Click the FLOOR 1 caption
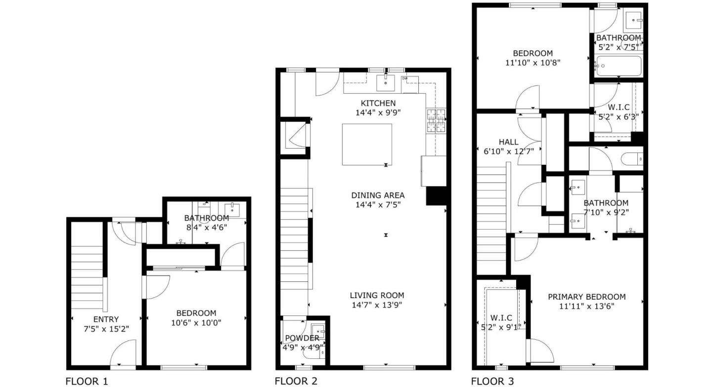[x=87, y=381]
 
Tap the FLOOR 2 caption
[x=296, y=381]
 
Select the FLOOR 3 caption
[x=492, y=381]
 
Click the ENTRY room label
[x=106, y=319]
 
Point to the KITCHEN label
[x=378, y=103]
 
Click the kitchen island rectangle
[x=367, y=144]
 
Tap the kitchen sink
[x=386, y=83]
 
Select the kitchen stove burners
[x=436, y=121]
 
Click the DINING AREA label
[x=378, y=194]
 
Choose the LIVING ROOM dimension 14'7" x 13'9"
[x=377, y=305]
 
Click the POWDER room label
[x=302, y=338]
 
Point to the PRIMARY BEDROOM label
[x=586, y=297]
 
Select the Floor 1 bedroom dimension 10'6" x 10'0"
[x=196, y=322]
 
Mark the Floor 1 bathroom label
[x=206, y=218]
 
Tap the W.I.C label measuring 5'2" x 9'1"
[x=501, y=317]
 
